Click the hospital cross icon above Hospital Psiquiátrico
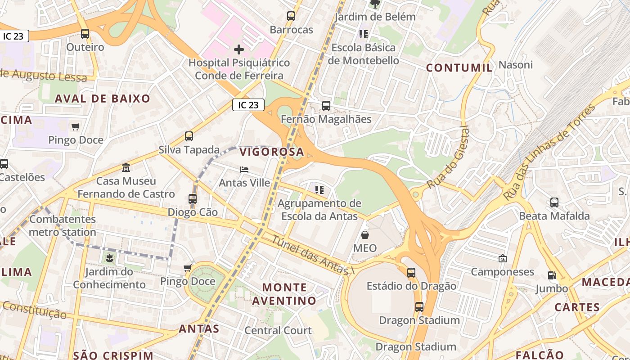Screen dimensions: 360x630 click(x=239, y=49)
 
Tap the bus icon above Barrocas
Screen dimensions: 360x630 click(x=291, y=16)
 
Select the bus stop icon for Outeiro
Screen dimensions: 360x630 click(x=85, y=33)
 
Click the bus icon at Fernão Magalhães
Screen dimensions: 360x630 click(x=326, y=106)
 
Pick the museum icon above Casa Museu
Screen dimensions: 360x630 click(x=126, y=168)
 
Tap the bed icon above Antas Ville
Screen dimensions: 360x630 click(x=244, y=170)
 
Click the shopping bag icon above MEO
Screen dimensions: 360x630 click(x=365, y=235)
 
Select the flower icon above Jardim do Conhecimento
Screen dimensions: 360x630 click(x=109, y=258)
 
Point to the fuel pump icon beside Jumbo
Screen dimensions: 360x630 click(x=552, y=275)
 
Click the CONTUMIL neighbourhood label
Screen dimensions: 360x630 click(x=459, y=68)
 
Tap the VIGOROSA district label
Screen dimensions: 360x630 click(x=272, y=152)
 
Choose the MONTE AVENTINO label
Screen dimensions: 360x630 click(x=284, y=294)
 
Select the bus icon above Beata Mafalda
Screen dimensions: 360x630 click(x=554, y=202)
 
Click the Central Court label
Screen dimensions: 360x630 click(x=278, y=330)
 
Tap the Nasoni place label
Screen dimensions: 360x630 click(x=516, y=65)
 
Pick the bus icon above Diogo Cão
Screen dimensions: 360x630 click(x=193, y=198)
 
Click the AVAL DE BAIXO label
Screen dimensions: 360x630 click(x=103, y=99)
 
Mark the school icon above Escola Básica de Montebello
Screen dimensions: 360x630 click(x=364, y=34)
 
